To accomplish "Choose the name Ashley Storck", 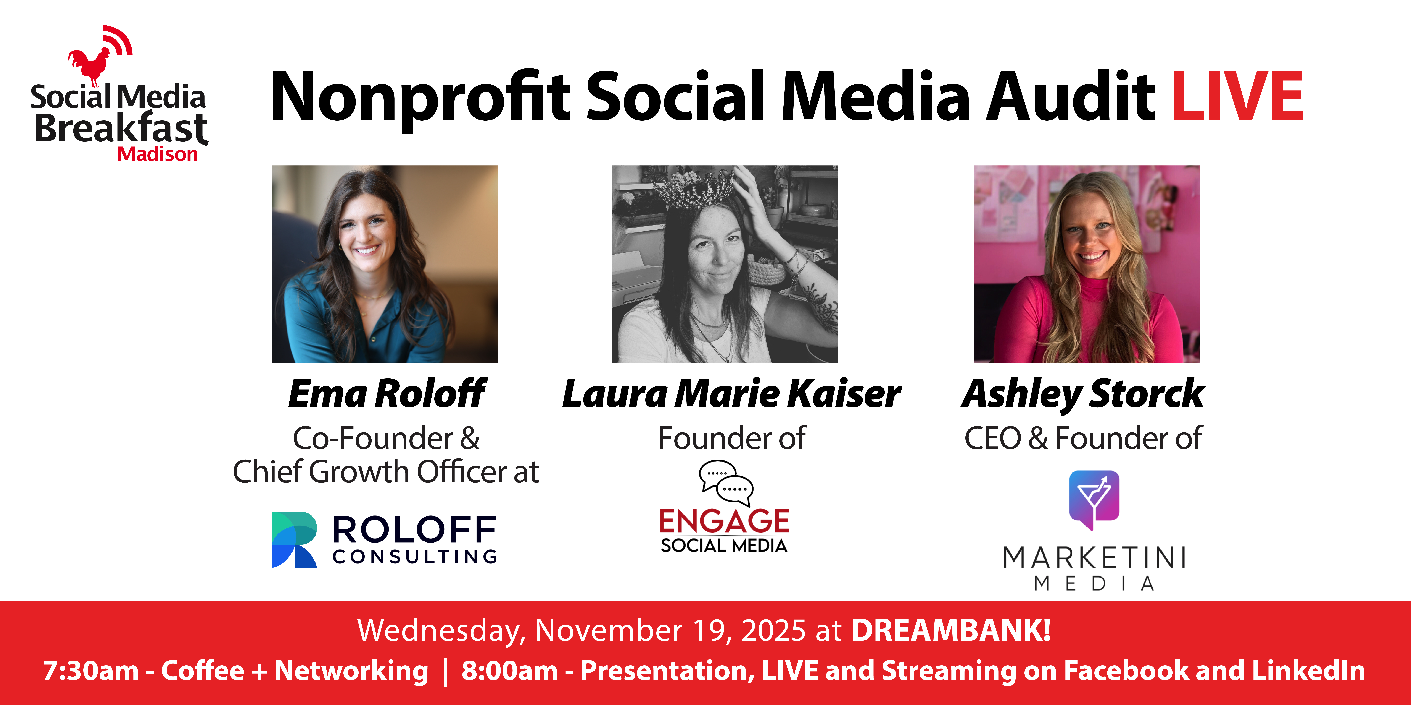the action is coord(1083,394).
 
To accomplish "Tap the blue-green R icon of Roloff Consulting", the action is coord(294,539).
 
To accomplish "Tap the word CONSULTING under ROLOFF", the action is coord(415,557).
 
